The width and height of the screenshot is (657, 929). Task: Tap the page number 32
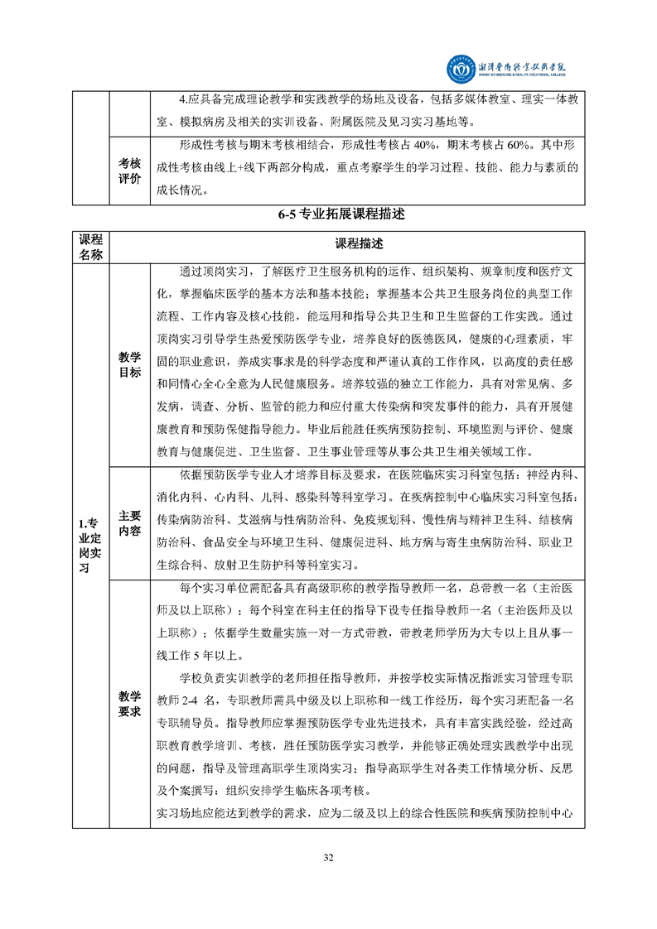[x=328, y=856]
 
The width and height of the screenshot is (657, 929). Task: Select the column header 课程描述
[x=359, y=245]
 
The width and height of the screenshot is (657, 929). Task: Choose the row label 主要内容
[x=129, y=522]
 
